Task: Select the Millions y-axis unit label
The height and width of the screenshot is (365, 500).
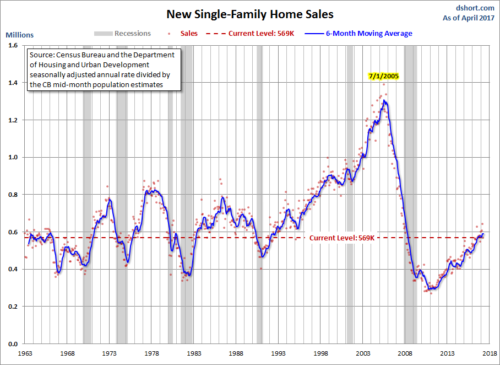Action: click(x=19, y=35)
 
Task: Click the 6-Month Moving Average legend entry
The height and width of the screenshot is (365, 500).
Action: click(x=368, y=34)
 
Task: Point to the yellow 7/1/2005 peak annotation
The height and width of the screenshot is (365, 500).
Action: click(x=384, y=77)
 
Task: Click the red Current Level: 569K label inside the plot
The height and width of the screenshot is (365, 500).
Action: click(x=342, y=238)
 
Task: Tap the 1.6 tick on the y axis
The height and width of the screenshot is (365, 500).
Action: click(x=12, y=46)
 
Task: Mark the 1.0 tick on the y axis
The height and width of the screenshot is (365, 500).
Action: click(x=12, y=158)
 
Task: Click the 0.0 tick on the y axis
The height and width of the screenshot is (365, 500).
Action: click(x=12, y=344)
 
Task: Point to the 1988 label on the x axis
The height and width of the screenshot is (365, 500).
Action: click(x=236, y=353)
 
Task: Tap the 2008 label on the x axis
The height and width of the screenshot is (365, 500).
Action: click(x=405, y=353)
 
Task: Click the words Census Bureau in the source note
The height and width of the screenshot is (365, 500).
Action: click(x=78, y=56)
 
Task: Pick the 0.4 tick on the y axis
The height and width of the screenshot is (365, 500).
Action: click(x=12, y=270)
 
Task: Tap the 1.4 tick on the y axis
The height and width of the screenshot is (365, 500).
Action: click(x=12, y=83)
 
